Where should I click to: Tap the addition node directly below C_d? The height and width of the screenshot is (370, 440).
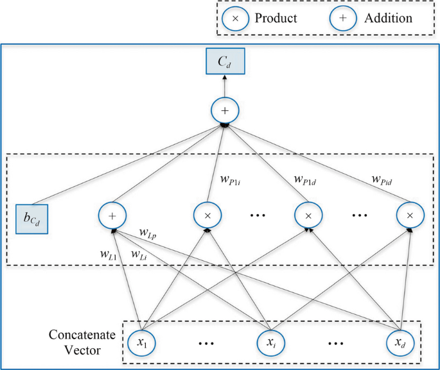pyautogui.click(x=225, y=112)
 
